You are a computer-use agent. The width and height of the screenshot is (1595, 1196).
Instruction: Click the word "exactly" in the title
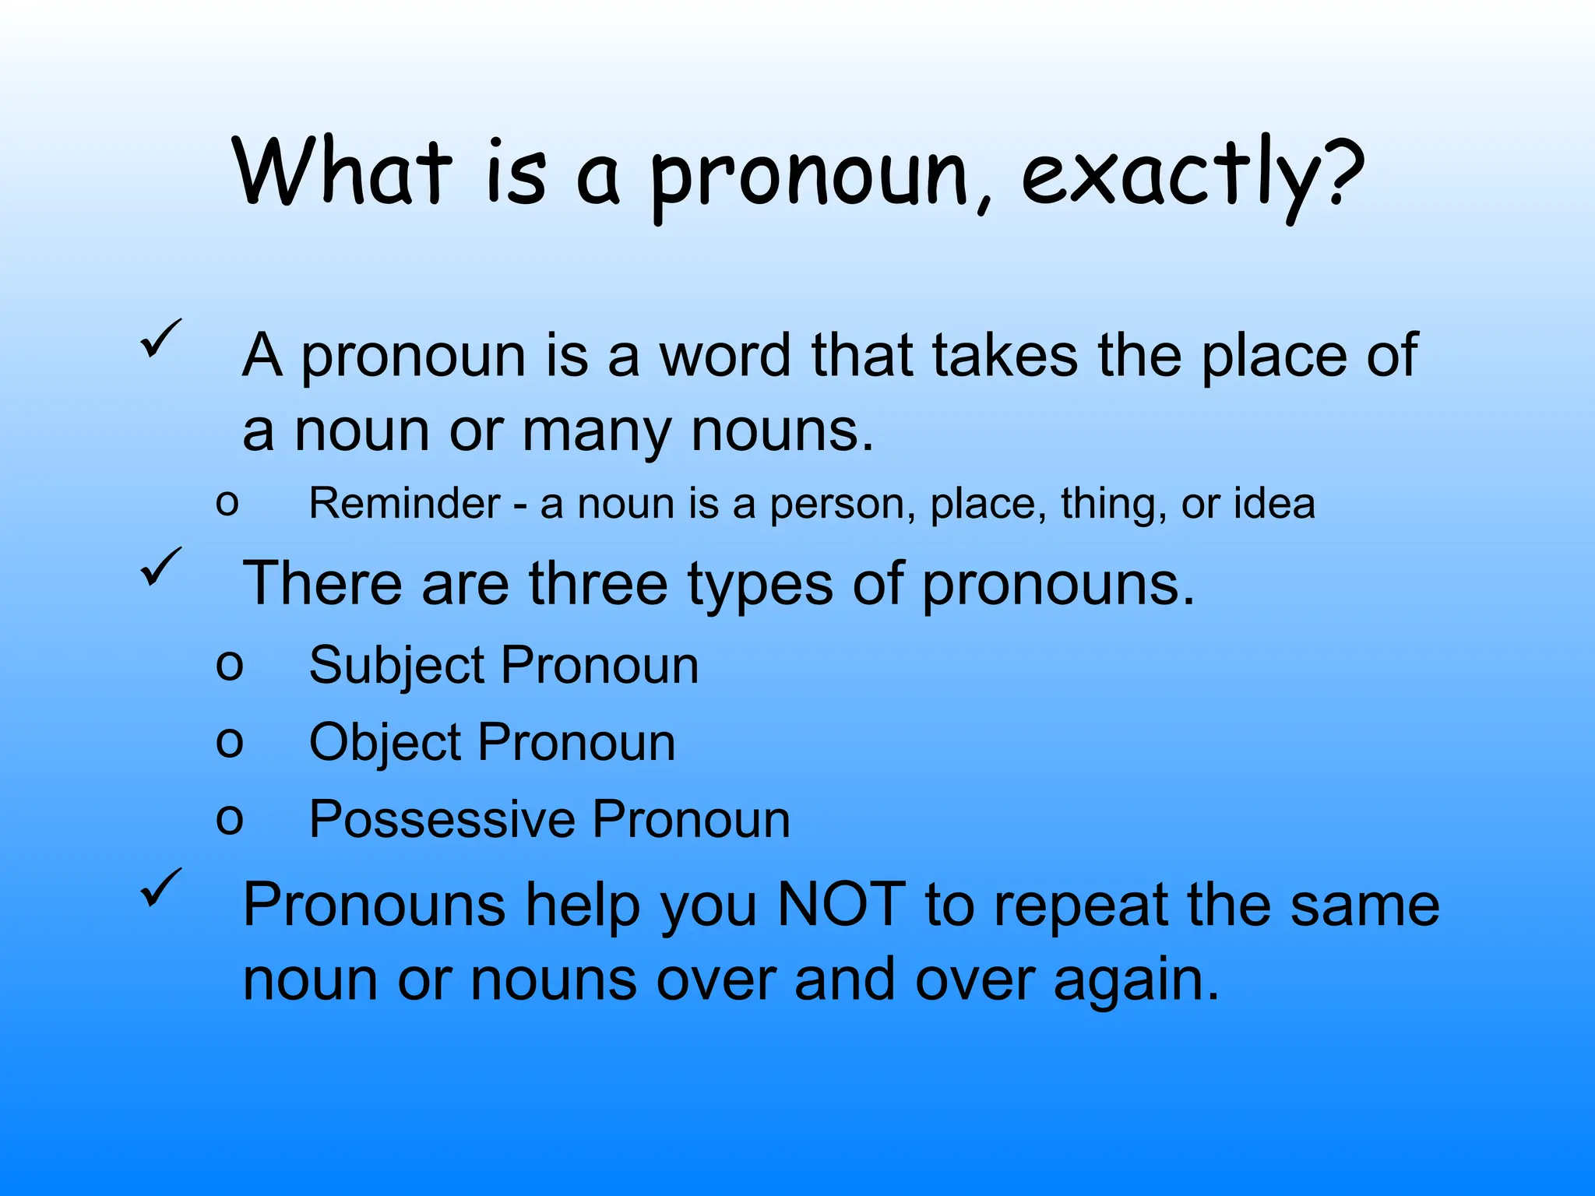(1168, 175)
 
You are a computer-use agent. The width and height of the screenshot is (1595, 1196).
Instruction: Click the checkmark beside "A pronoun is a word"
(161, 339)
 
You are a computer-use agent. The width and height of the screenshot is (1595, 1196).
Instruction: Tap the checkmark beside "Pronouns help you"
(161, 888)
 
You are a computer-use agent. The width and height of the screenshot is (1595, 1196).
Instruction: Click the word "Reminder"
(404, 503)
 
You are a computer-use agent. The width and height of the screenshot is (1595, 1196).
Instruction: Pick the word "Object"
(385, 742)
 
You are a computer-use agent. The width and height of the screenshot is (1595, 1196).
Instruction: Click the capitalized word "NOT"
(841, 905)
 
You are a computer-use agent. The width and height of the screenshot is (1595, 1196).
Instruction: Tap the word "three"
(598, 583)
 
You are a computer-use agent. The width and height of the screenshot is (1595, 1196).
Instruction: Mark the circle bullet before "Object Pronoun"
(229, 741)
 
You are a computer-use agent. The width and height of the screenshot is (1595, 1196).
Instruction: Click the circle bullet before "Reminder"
(227, 502)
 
